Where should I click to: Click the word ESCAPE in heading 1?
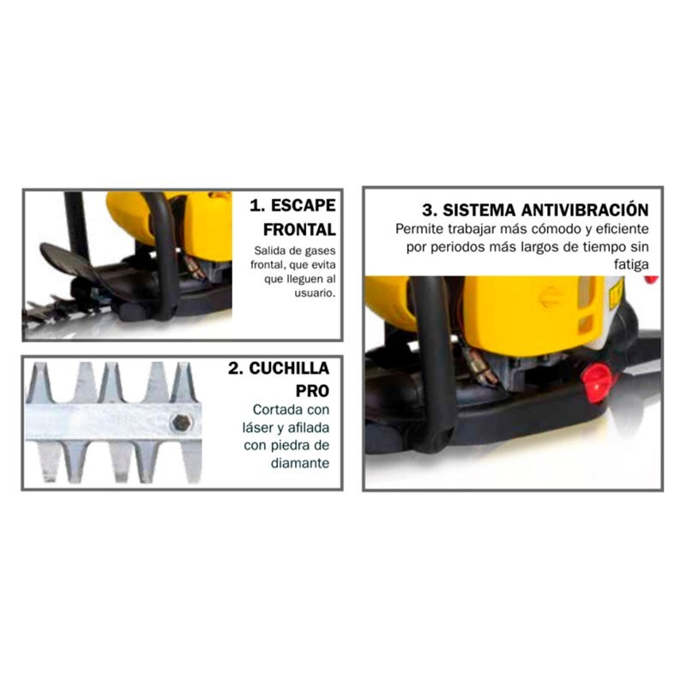click(x=304, y=206)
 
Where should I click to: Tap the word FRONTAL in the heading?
click(x=299, y=230)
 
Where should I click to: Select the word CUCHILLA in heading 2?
click(x=289, y=369)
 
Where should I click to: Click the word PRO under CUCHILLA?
click(x=312, y=391)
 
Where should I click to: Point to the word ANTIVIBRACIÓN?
click(x=585, y=210)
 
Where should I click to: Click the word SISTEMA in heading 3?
click(x=479, y=210)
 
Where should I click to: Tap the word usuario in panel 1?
click(x=315, y=293)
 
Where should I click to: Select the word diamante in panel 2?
click(x=300, y=463)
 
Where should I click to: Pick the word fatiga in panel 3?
click(x=631, y=265)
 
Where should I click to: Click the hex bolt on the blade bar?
click(x=181, y=423)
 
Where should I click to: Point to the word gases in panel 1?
click(x=321, y=251)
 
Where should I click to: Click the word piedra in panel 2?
click(x=292, y=445)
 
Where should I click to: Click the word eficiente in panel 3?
click(x=623, y=229)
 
